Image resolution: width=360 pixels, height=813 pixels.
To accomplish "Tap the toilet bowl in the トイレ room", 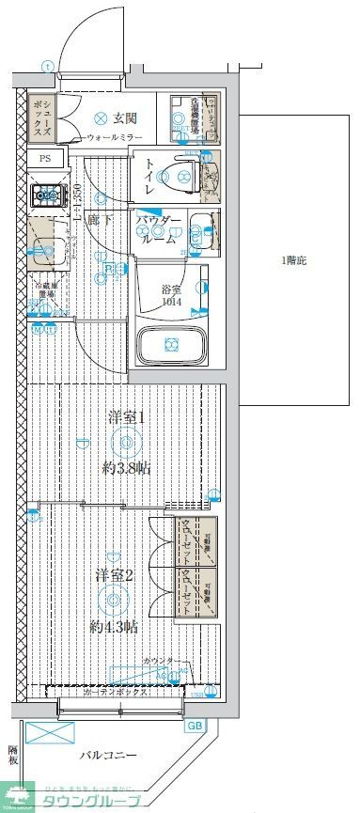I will tap(179, 174).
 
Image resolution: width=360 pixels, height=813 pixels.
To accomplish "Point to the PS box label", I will tap(44, 159).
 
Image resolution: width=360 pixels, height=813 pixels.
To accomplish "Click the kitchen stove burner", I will tap(44, 196).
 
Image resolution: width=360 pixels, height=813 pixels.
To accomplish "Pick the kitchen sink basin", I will tap(43, 251).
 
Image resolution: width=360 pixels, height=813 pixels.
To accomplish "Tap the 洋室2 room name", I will tap(114, 574).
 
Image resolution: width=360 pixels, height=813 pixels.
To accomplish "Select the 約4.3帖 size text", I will tap(115, 626).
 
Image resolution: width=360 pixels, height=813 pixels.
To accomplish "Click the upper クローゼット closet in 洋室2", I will tap(196, 541).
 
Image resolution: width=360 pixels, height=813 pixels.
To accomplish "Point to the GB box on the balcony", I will tap(195, 726).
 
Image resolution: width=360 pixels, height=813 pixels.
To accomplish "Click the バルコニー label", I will tap(108, 755).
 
